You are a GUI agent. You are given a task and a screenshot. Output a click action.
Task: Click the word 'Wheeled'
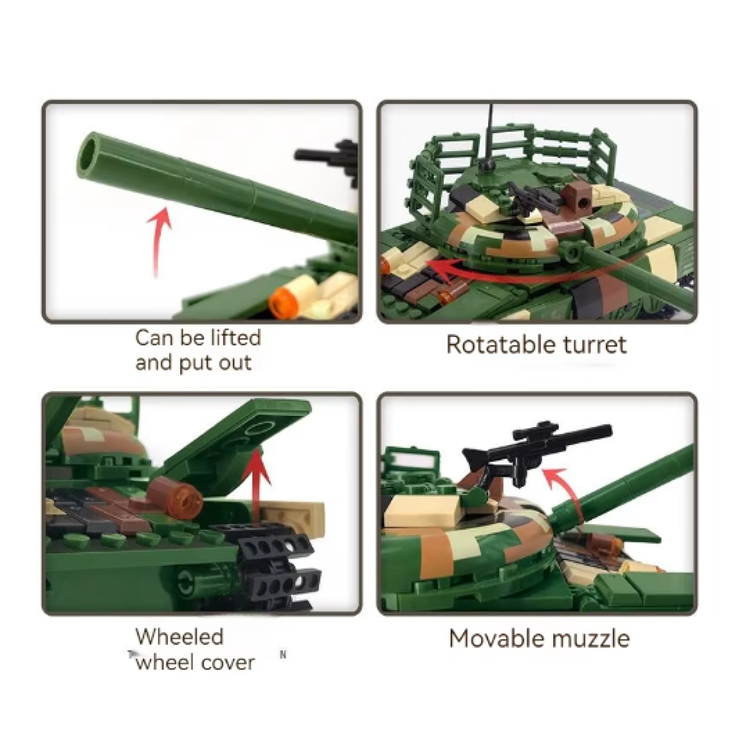click(180, 637)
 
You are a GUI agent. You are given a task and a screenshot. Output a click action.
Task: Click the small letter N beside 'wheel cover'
click(283, 655)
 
